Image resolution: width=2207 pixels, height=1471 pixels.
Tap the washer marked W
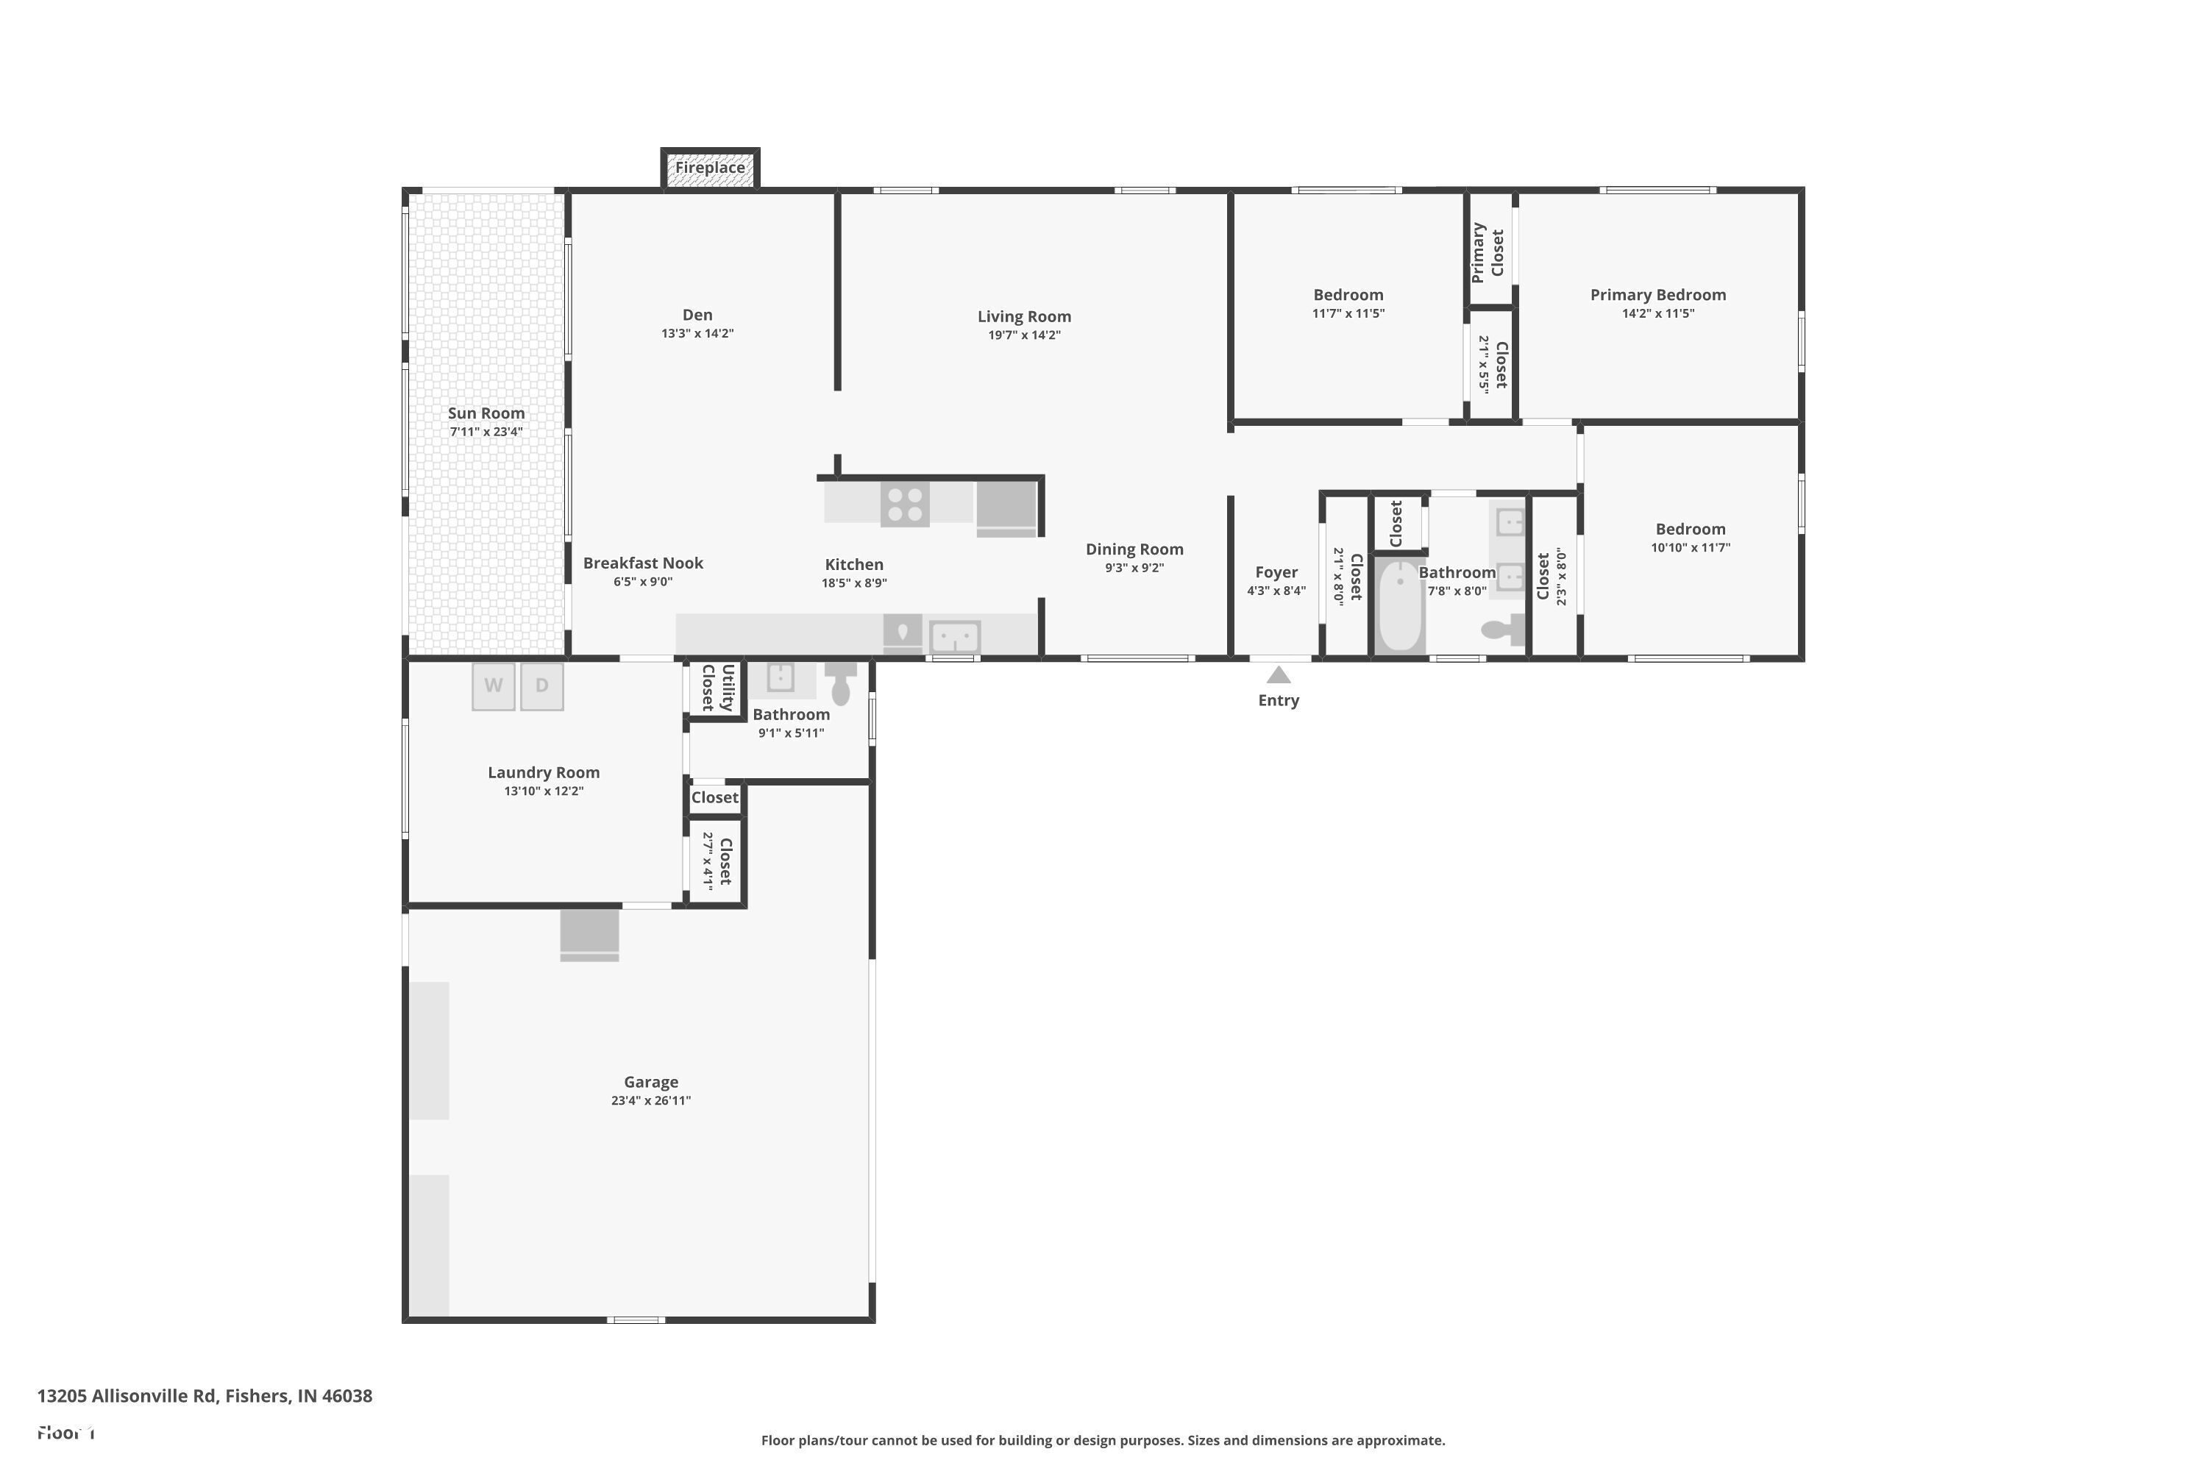[493, 685]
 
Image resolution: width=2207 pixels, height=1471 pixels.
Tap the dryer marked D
[541, 685]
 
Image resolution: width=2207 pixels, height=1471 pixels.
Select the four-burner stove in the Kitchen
[905, 504]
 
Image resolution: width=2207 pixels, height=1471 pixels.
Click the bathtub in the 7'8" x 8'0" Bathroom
[1399, 605]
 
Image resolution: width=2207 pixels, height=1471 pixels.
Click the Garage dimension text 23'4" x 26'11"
[650, 1100]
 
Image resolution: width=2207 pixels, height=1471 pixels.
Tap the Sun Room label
[486, 413]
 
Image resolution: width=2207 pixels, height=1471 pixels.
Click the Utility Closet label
[718, 688]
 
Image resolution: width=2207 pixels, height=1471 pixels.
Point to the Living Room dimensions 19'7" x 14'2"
[1024, 335]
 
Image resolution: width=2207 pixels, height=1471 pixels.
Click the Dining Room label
[1134, 549]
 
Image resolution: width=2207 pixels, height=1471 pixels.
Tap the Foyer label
[1276, 572]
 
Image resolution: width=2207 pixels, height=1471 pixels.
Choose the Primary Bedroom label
[1657, 295]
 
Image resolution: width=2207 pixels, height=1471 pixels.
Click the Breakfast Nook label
[643, 563]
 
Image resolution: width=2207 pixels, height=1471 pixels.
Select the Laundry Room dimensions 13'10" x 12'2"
[544, 791]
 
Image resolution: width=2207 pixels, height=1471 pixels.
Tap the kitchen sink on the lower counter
[954, 637]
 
